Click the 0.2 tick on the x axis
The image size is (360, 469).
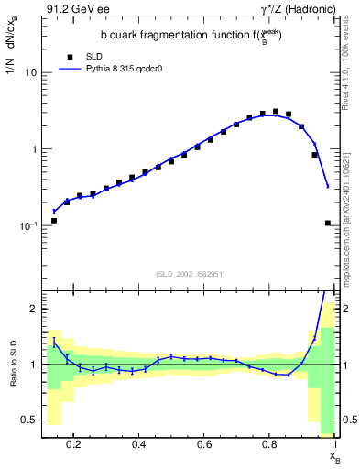(x=74, y=446)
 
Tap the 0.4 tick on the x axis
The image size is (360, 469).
(x=139, y=446)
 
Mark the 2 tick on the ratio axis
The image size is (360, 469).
(x=34, y=309)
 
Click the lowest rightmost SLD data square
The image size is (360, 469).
(x=328, y=223)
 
